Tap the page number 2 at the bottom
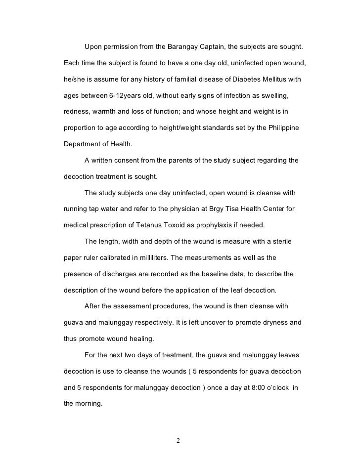tap(178, 441)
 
